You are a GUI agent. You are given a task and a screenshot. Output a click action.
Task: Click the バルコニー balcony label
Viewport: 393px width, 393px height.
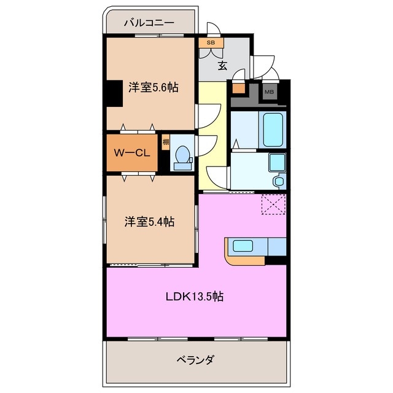coord(149,23)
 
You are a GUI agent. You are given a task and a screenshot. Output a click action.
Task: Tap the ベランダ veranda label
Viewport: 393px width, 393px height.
coord(195,359)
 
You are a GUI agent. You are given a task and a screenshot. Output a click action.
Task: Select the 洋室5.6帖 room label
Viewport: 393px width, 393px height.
coord(153,87)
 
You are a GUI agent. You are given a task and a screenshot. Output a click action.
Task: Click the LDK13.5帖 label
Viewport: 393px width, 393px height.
coord(194,297)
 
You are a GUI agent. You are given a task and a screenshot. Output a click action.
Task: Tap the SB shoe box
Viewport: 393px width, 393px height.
coord(211,43)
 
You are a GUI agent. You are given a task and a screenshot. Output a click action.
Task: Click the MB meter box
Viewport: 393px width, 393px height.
coord(269,92)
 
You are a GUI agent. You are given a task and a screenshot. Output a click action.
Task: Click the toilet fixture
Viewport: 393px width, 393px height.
coord(182,158)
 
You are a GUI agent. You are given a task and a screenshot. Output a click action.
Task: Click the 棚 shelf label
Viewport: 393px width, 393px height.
coord(166,142)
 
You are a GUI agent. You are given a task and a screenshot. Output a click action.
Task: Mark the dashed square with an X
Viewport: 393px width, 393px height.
coord(273,204)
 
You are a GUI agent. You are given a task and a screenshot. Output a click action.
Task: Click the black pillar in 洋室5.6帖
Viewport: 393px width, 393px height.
coord(111,94)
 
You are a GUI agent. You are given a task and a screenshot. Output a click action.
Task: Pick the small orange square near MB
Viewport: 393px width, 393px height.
coord(238,87)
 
